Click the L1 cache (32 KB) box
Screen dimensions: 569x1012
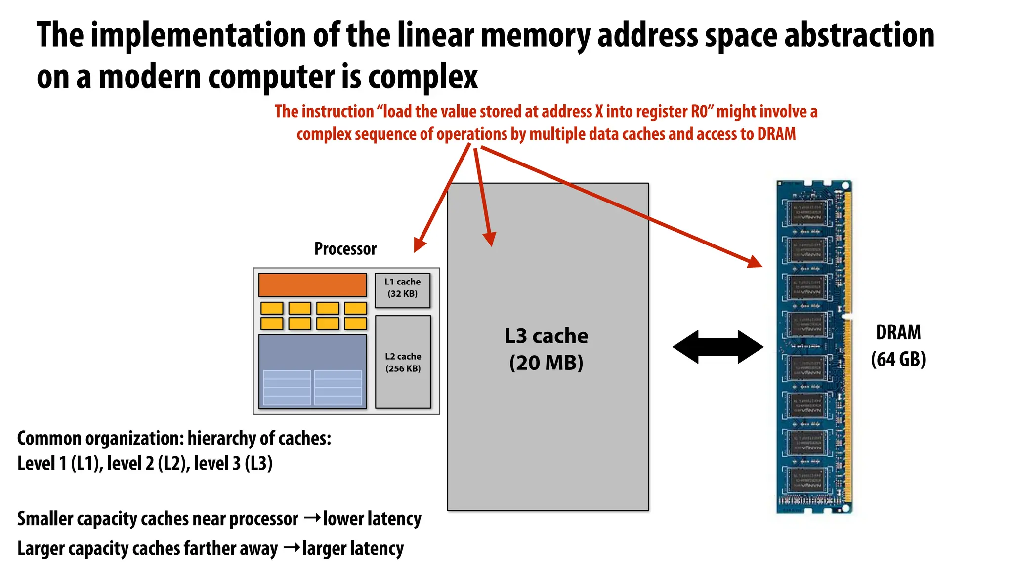pyautogui.click(x=402, y=290)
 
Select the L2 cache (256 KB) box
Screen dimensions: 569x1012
pyautogui.click(x=403, y=362)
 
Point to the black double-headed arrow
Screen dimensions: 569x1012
pyautogui.click(x=717, y=347)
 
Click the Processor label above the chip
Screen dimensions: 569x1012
pyautogui.click(x=345, y=248)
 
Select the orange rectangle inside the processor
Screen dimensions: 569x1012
pyautogui.click(x=312, y=285)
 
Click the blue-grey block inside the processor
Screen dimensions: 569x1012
pyautogui.click(x=312, y=371)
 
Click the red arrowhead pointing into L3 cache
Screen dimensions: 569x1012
pyautogui.click(x=490, y=239)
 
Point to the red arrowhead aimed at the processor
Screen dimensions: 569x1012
pyautogui.click(x=420, y=244)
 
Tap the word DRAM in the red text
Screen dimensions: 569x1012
pyautogui.click(x=776, y=134)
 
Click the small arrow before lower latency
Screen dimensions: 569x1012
pyautogui.click(x=311, y=518)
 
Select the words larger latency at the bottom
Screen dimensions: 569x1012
pyautogui.click(x=353, y=549)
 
